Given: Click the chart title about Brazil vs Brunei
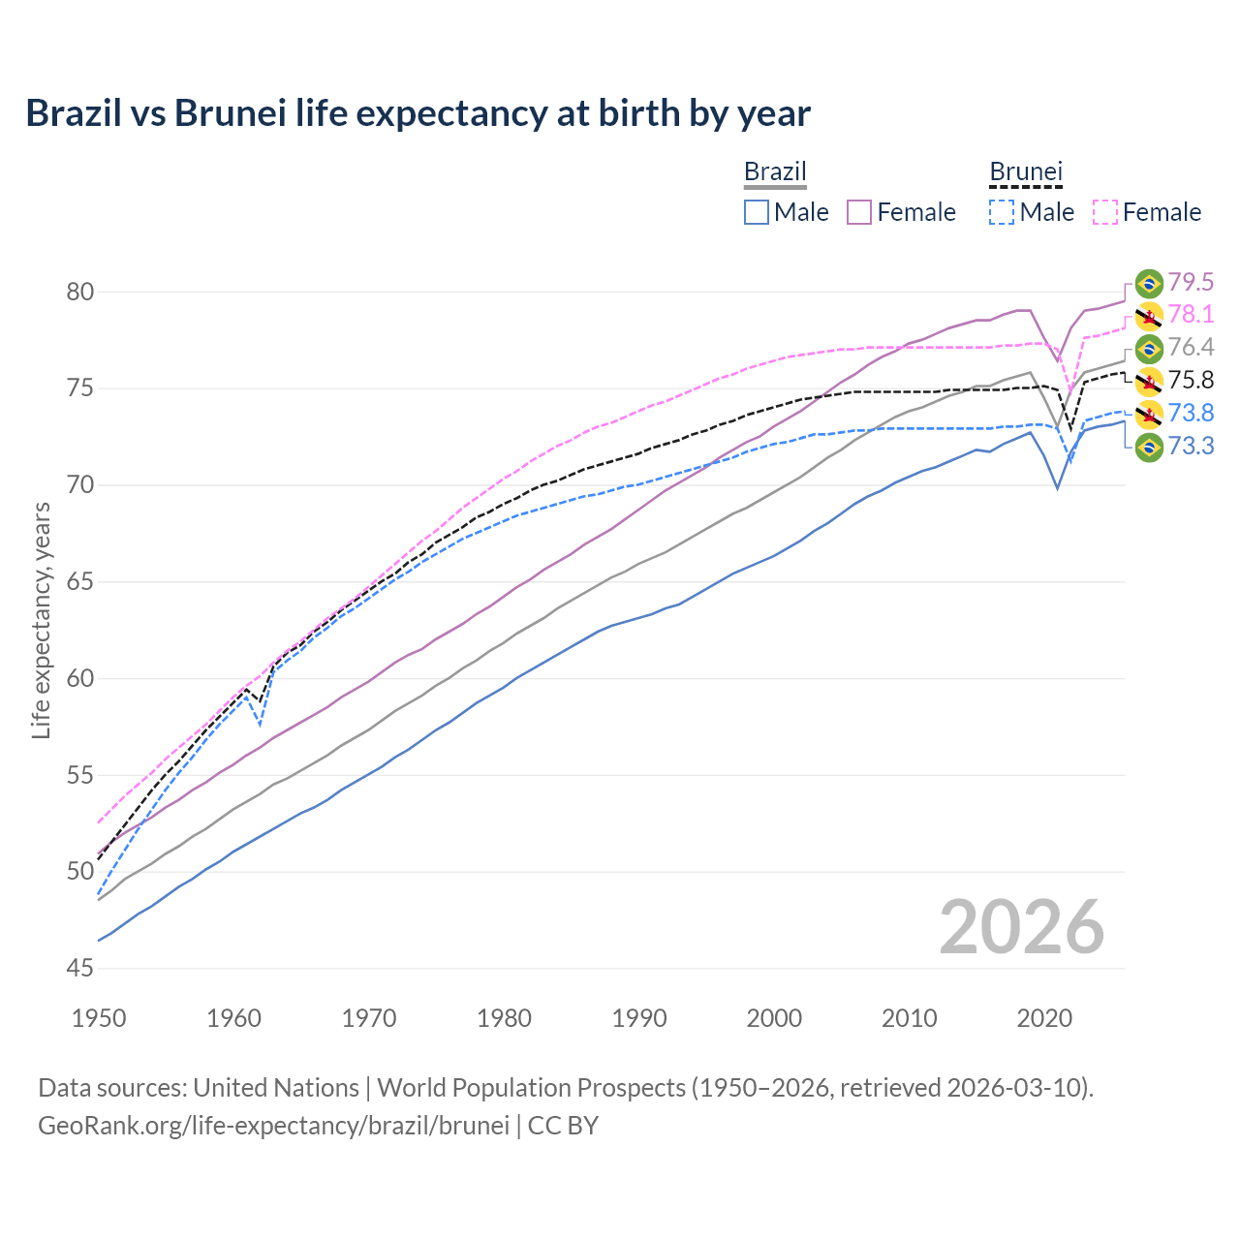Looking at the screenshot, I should pyautogui.click(x=418, y=113).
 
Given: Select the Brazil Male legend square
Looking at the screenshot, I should pyautogui.click(x=757, y=212).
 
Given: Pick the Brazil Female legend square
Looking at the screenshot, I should pyautogui.click(x=860, y=212).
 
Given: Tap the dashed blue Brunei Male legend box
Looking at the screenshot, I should pyautogui.click(x=1002, y=212).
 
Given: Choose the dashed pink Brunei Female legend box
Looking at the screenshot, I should pyautogui.click(x=1105, y=212).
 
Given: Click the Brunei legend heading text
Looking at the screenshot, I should pyautogui.click(x=1026, y=171).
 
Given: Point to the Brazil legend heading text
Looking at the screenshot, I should pyautogui.click(x=775, y=171).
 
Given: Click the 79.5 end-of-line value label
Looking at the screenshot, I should pyautogui.click(x=1191, y=282).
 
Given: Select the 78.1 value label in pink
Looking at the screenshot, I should pyautogui.click(x=1191, y=315).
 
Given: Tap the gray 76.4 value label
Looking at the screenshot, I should pyautogui.click(x=1191, y=348).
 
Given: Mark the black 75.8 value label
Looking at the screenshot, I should pyautogui.click(x=1191, y=381).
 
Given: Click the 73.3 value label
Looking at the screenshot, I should pyautogui.click(x=1191, y=447).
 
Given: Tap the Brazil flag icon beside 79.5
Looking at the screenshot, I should pyautogui.click(x=1149, y=283).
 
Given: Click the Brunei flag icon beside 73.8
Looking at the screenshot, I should pyautogui.click(x=1149, y=414).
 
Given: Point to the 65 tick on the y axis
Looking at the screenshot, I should pyautogui.click(x=80, y=582).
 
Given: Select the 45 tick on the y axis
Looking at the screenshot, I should pyautogui.click(x=80, y=969).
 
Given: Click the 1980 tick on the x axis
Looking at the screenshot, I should pyautogui.click(x=504, y=1018).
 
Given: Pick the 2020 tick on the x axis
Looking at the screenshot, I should pyautogui.click(x=1044, y=1018).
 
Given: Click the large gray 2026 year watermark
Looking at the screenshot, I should pyautogui.click(x=1022, y=927).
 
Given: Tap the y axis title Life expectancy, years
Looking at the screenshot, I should pyautogui.click(x=42, y=620).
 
